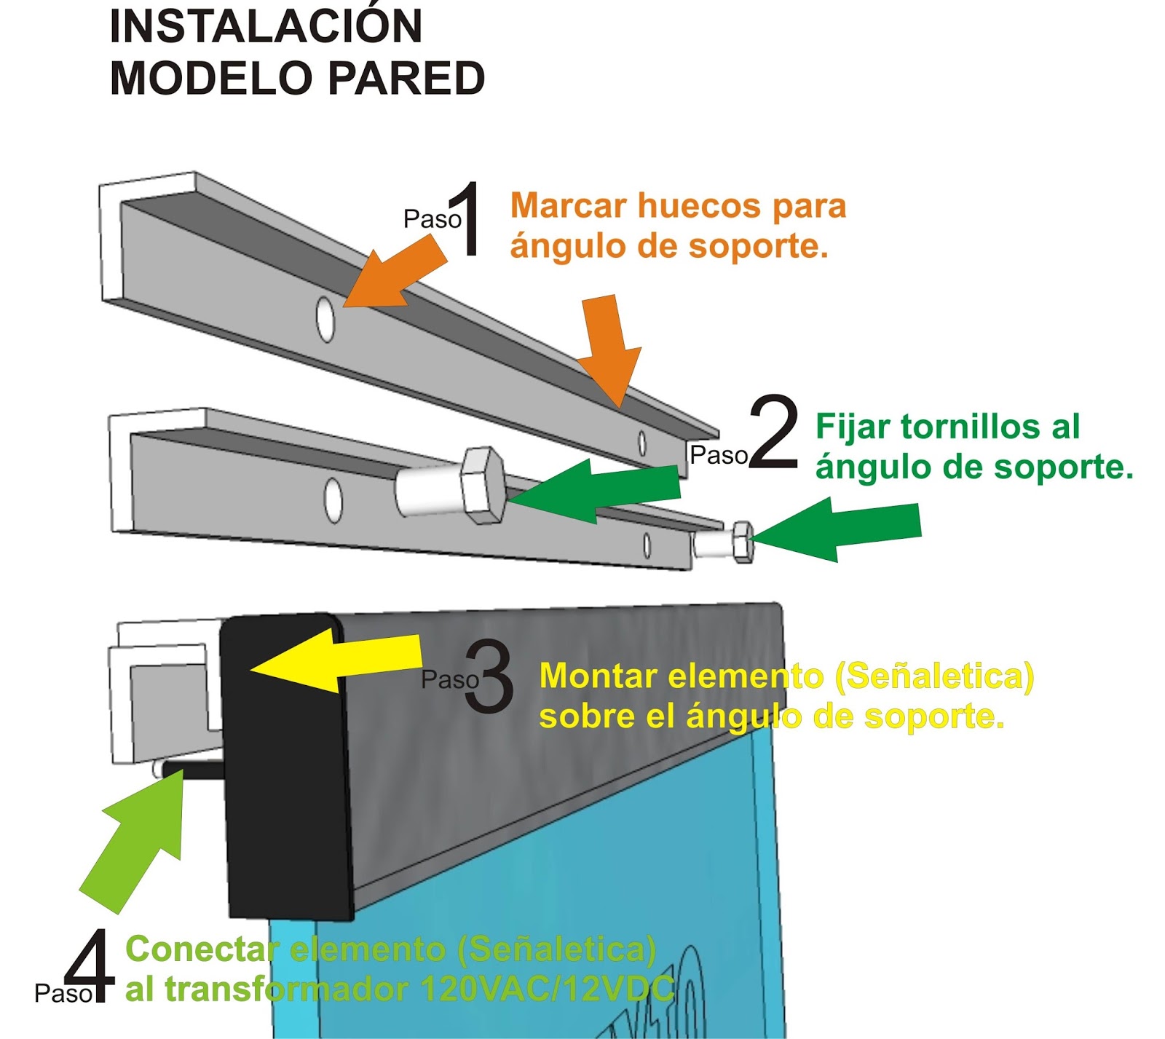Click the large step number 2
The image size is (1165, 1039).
[x=773, y=431]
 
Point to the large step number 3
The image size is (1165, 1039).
[x=489, y=676]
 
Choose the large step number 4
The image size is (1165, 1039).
[x=90, y=966]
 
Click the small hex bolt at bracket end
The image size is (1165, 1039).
[x=741, y=542]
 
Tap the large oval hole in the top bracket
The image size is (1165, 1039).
[x=325, y=318]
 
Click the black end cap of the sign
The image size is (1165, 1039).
[x=284, y=765]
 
